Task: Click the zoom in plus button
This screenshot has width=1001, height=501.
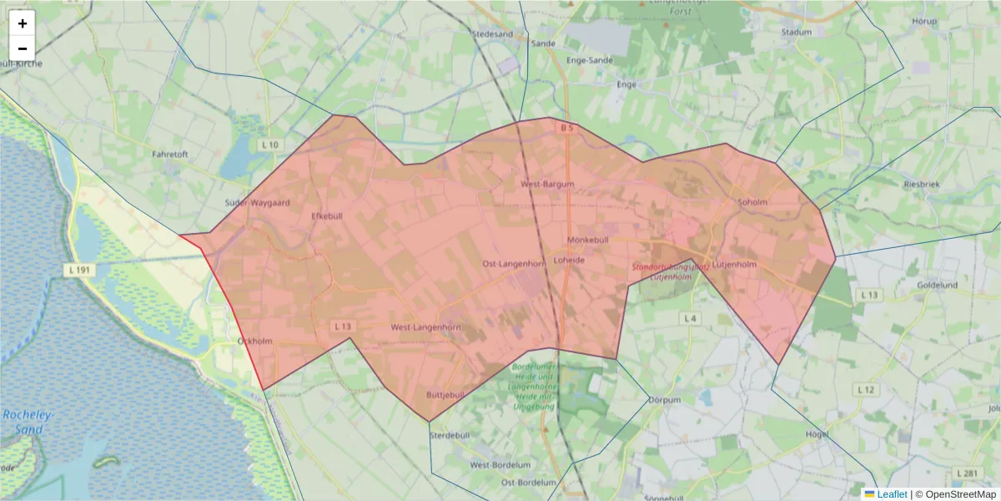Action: point(23,23)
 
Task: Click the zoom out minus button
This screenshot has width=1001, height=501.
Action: point(23,48)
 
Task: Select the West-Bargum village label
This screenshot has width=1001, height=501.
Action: point(547,183)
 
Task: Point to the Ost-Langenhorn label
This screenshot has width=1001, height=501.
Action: point(514,264)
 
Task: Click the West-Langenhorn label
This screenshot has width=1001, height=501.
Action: point(426,327)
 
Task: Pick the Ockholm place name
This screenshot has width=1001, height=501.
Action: point(255,341)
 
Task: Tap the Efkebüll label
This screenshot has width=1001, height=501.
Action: point(327,215)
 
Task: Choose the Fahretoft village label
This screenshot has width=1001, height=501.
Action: point(170,154)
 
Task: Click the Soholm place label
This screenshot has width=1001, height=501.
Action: point(752,201)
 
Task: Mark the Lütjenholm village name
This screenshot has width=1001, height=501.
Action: point(734,265)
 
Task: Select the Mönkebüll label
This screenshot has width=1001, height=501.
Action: point(589,240)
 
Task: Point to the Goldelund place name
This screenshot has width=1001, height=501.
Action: point(937,285)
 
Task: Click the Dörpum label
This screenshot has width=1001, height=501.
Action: point(665,400)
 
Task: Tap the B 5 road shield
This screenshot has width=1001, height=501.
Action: point(567,128)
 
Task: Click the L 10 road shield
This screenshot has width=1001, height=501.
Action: point(269,144)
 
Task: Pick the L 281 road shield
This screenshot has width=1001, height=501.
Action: point(968,473)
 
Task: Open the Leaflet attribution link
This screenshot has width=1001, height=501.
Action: point(892,494)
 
